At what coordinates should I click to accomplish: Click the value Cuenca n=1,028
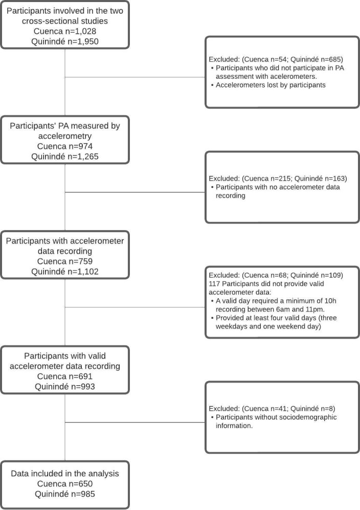point(65,32)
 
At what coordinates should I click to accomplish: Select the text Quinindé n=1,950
point(65,42)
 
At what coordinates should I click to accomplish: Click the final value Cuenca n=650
point(66,484)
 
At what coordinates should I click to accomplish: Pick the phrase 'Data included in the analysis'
point(66,474)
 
